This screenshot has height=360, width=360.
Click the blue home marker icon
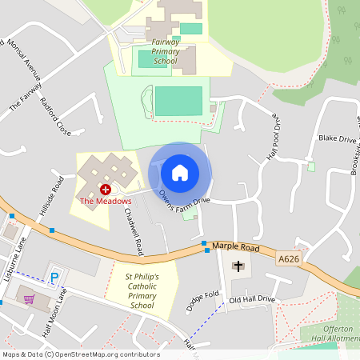(x=180, y=172)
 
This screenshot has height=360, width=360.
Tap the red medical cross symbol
(x=105, y=189)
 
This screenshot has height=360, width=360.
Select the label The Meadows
(x=105, y=201)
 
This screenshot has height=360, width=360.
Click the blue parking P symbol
(x=55, y=278)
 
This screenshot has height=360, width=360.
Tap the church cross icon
(x=238, y=266)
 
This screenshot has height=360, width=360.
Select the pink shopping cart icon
(x=30, y=299)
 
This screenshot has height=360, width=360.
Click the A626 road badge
(x=289, y=258)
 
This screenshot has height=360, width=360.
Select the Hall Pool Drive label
(x=273, y=132)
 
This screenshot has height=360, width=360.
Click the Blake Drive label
(x=337, y=138)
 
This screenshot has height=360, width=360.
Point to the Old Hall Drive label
(x=252, y=299)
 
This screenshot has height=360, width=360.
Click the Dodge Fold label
(x=202, y=302)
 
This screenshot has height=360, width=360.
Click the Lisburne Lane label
(x=15, y=260)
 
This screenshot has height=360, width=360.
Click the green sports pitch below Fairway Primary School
(x=178, y=101)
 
